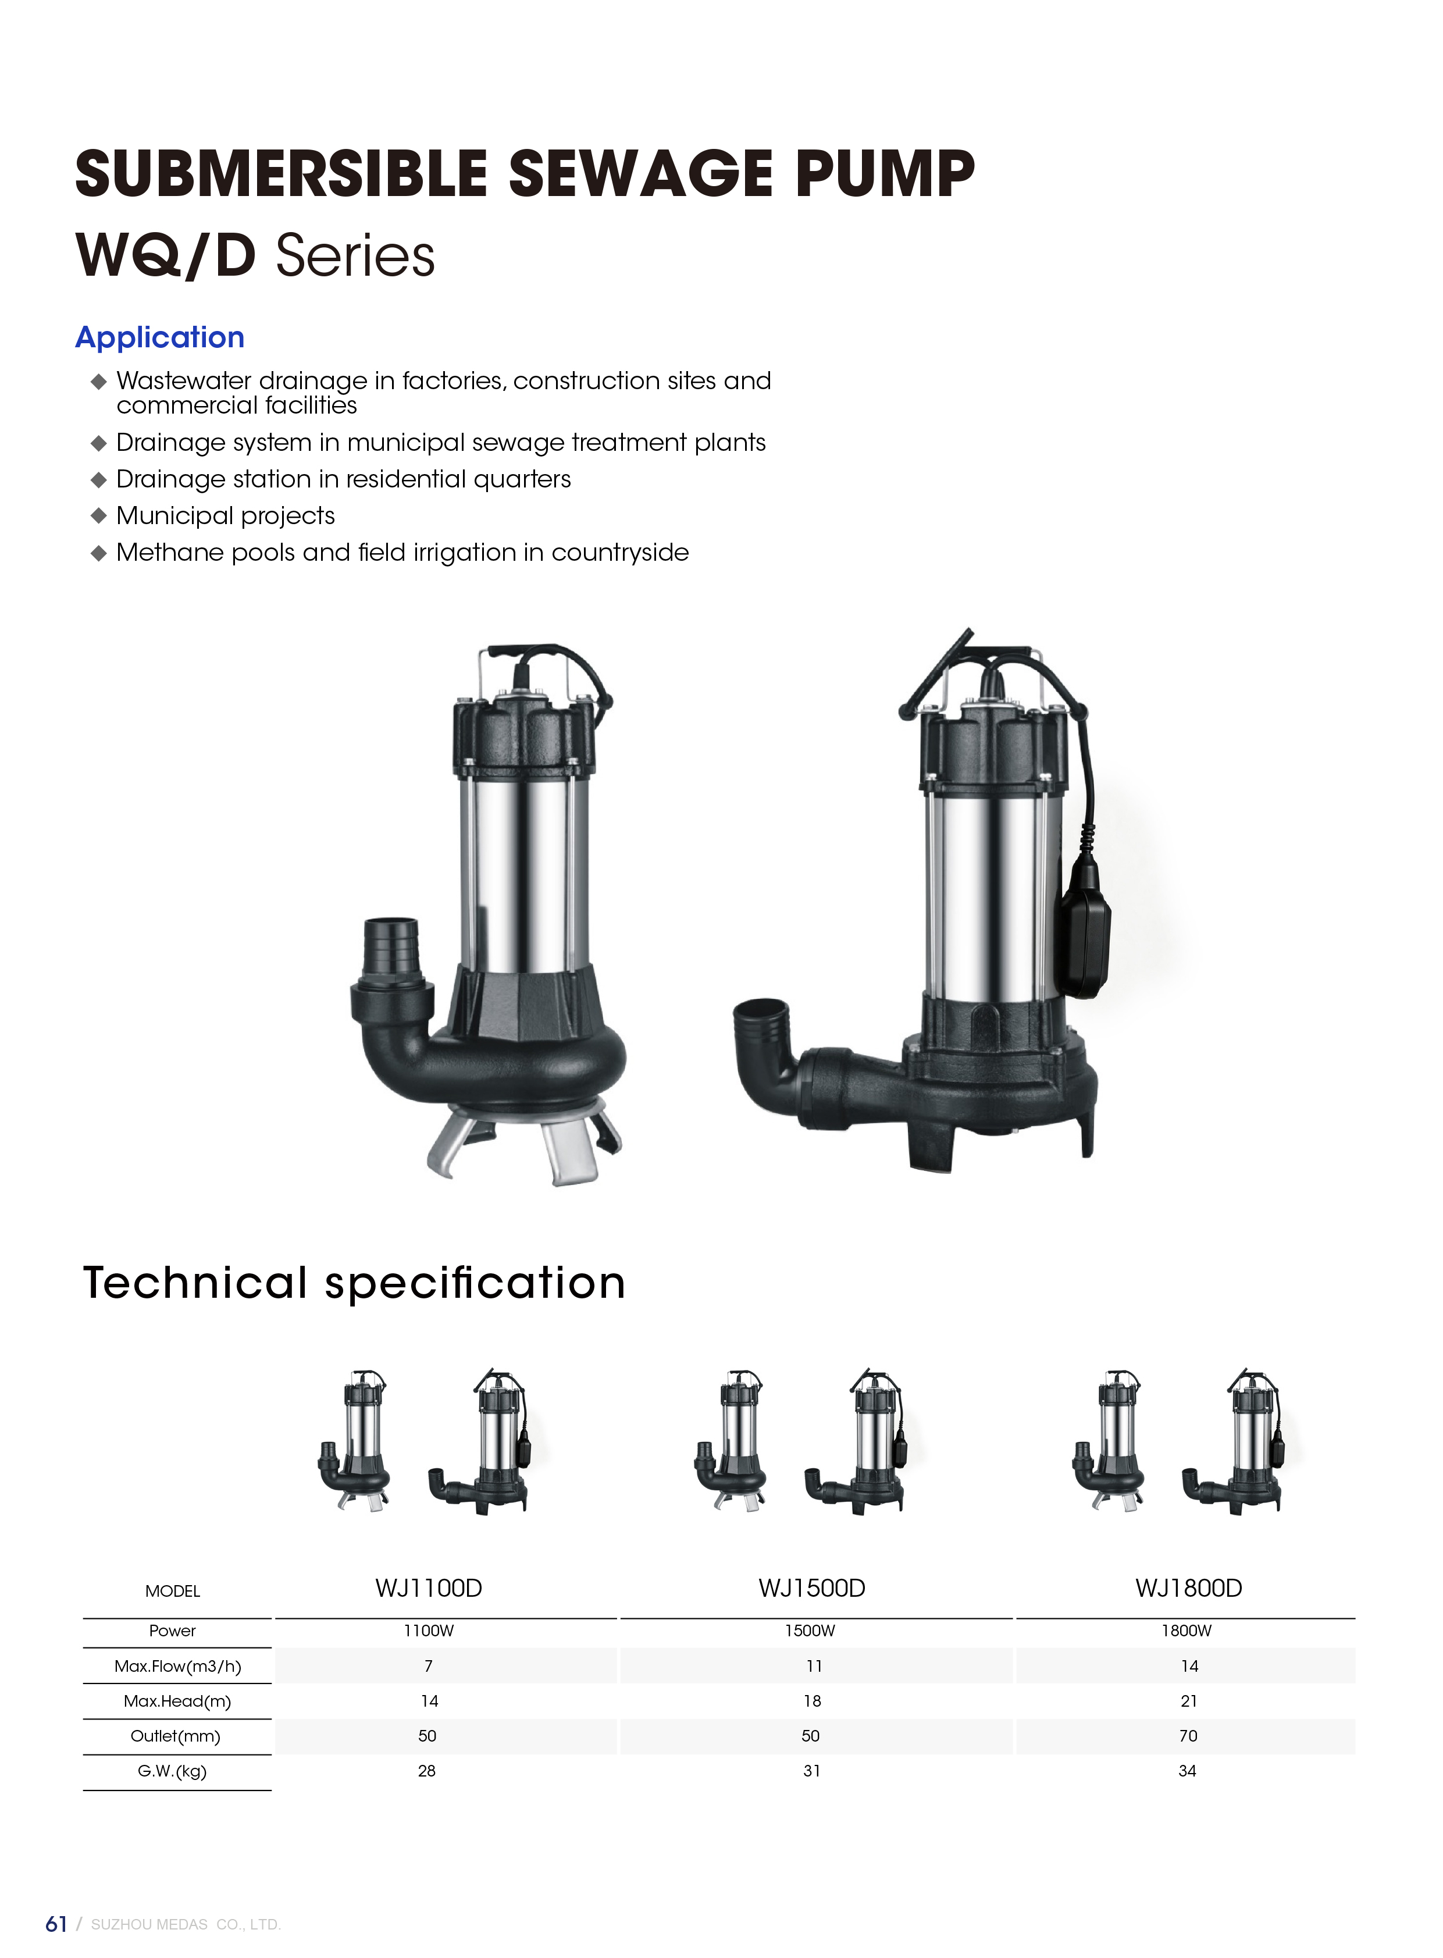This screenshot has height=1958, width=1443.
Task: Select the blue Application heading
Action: tap(160, 337)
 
